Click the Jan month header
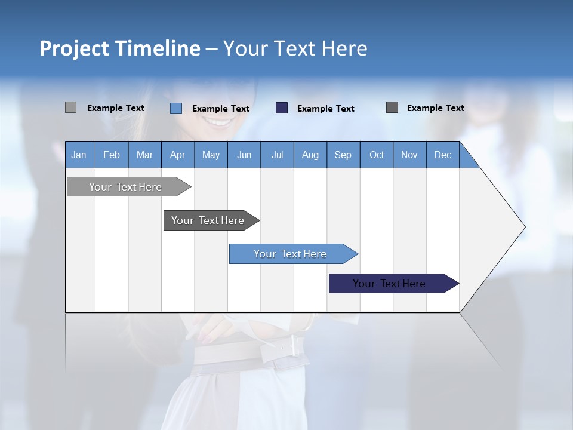point(79,155)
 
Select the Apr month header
point(177,155)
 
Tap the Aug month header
point(310,155)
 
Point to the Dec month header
point(442,155)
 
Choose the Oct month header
point(376,155)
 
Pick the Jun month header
point(244,155)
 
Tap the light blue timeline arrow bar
point(291,254)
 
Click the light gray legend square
point(70,107)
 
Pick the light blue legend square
point(175,108)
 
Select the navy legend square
point(282,108)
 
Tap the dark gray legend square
point(392,107)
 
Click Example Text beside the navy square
point(325,109)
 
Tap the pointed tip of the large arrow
point(523,227)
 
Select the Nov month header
point(409,155)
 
